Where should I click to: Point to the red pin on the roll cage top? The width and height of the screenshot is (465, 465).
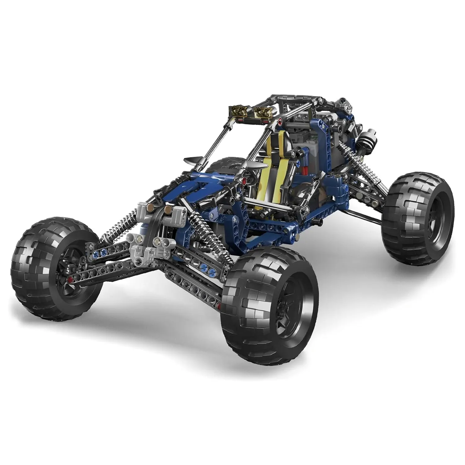(281, 120)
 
